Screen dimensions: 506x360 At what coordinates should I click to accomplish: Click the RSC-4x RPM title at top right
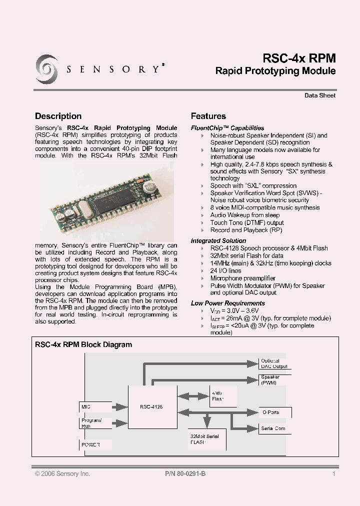click(x=299, y=58)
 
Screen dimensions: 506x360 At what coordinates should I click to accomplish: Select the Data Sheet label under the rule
click(x=320, y=95)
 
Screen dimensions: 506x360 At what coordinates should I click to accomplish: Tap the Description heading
click(x=58, y=116)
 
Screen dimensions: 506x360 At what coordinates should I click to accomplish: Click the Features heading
click(x=208, y=116)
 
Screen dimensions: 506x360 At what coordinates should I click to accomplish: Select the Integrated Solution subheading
click(x=215, y=240)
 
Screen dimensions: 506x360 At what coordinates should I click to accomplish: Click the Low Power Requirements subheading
click(x=228, y=303)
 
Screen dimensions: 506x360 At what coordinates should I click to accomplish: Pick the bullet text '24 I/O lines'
click(x=225, y=270)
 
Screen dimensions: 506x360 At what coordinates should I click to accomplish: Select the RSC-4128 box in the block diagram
click(x=152, y=407)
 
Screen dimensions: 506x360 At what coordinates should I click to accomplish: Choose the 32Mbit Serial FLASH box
click(x=207, y=439)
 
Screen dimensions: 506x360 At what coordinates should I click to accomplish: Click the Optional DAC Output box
click(x=274, y=363)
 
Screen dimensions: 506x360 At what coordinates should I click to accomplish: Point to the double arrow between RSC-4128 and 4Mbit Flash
click(x=191, y=396)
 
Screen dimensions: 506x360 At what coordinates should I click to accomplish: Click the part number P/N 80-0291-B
click(x=185, y=473)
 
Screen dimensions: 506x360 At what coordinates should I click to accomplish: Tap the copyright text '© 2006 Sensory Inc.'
click(x=62, y=473)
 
